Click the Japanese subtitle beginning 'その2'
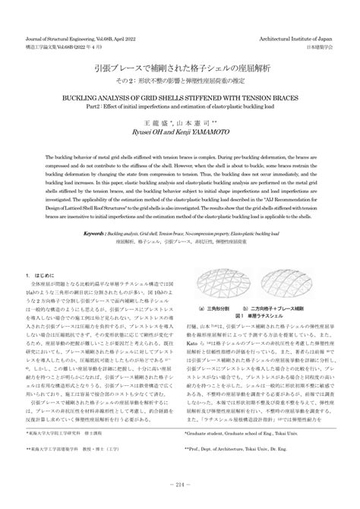click(x=179, y=81)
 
